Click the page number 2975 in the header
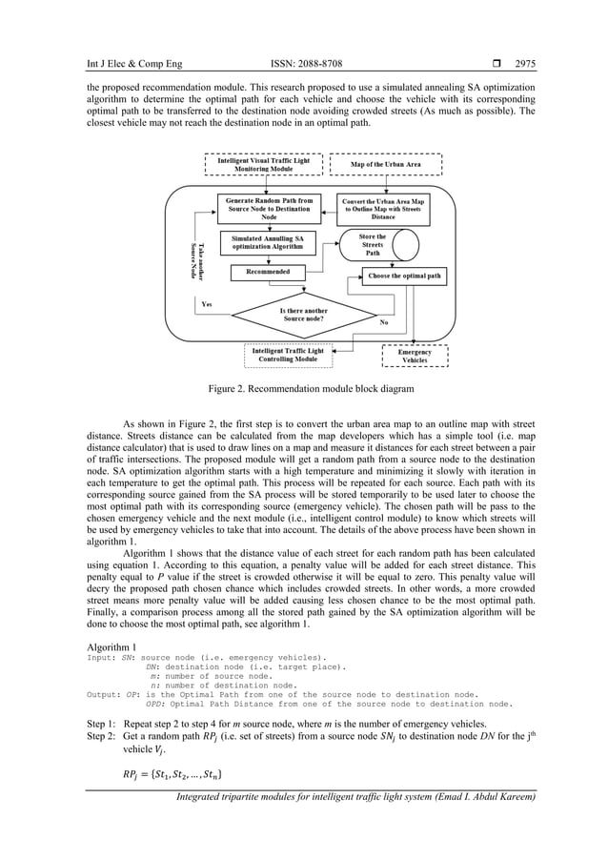click(525, 65)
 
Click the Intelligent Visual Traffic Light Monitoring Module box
click(257, 164)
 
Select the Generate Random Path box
click(269, 209)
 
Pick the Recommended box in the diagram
click(268, 272)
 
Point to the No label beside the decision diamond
click(383, 323)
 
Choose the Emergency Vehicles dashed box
click(415, 356)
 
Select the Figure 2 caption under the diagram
click(304, 388)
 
